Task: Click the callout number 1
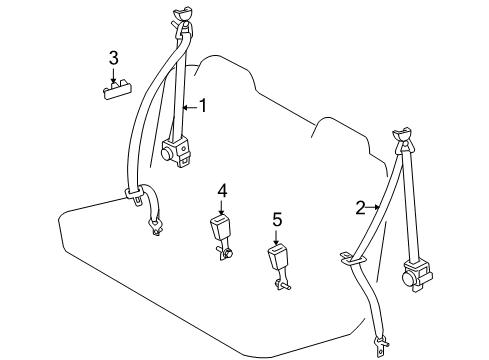203,104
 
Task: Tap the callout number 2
361,208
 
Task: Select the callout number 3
114,57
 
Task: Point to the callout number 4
223,189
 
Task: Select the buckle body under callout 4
220,229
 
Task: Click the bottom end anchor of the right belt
381,346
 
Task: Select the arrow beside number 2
377,208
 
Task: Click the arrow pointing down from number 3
114,74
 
